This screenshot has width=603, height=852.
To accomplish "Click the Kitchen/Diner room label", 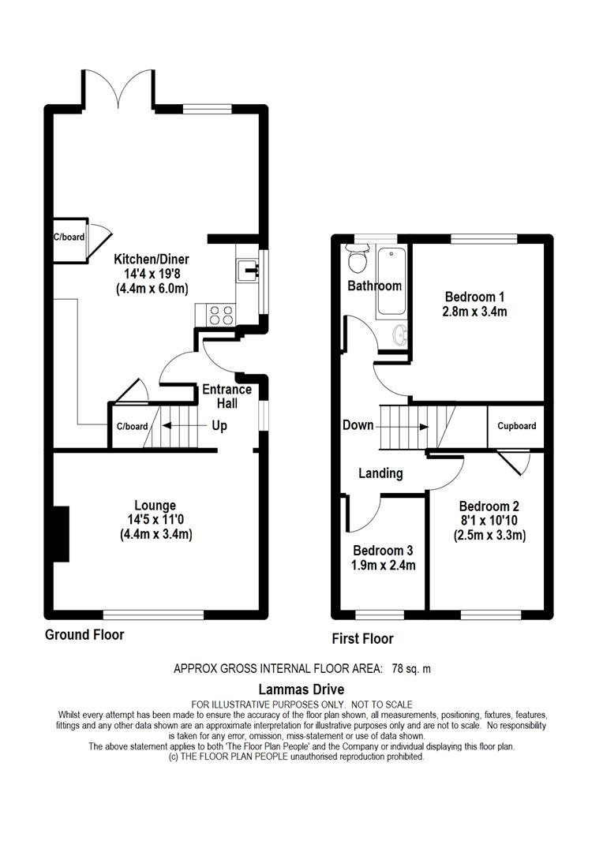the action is click(x=152, y=260).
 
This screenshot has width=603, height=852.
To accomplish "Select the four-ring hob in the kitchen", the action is click(x=222, y=315).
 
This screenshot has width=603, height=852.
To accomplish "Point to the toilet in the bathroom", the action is click(x=358, y=260).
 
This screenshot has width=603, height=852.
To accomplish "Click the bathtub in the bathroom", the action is click(x=391, y=281).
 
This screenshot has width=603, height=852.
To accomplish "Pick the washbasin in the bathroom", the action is click(x=401, y=336).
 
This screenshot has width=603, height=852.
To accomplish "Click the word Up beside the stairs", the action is click(x=219, y=425).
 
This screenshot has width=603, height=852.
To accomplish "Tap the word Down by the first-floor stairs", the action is click(x=358, y=425).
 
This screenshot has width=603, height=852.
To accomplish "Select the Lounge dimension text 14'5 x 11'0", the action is click(x=155, y=520).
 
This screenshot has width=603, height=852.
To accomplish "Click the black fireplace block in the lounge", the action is click(x=61, y=533).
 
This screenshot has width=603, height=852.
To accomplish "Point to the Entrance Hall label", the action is click(x=227, y=396).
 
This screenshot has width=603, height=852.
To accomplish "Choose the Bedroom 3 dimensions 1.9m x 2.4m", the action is click(x=384, y=566).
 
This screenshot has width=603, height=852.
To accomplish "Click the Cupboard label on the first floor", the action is click(x=516, y=426).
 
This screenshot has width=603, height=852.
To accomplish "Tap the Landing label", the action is click(x=380, y=473).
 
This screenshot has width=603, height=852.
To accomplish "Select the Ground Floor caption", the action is click(x=84, y=634).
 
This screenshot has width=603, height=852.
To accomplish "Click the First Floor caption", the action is click(x=363, y=638).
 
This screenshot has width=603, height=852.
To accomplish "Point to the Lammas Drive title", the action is click(x=301, y=689).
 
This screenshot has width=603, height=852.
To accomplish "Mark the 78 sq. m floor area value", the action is click(x=411, y=669).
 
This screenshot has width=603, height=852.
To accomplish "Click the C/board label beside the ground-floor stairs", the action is click(x=132, y=427).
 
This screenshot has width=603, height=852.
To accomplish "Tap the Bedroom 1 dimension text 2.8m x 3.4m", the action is click(x=474, y=312).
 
